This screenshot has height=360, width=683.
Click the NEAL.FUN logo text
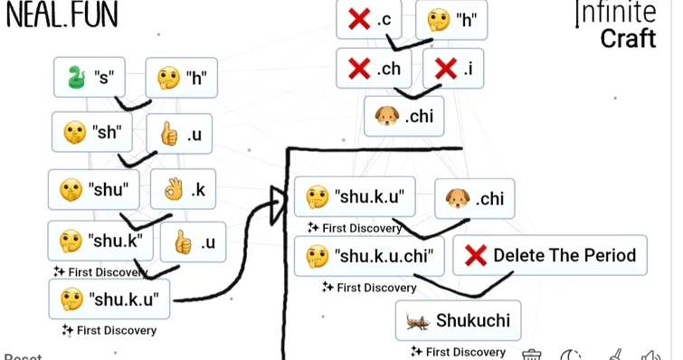pos(62,15)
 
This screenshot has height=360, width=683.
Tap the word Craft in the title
pos(627,39)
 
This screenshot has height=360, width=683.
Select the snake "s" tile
pos(89,78)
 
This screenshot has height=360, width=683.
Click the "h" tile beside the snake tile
pos(181,79)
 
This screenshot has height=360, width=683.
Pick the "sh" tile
pos(92,133)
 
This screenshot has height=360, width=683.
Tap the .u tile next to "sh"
pos(179,134)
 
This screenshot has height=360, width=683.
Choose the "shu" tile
pos(93,190)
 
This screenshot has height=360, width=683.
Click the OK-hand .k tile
pos(184,190)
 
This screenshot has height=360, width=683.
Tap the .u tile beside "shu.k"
pos(193,242)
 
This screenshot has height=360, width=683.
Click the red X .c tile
pos(368,19)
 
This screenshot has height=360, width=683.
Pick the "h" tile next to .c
pos(451,19)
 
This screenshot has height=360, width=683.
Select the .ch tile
pos(373,68)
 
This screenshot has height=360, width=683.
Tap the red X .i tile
pos(452,68)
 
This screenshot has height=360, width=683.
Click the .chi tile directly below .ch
pos(403,117)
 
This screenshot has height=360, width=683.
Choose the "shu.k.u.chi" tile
pos(369,256)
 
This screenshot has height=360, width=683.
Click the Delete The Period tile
pos(550,256)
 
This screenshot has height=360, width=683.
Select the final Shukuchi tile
pos(458,320)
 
